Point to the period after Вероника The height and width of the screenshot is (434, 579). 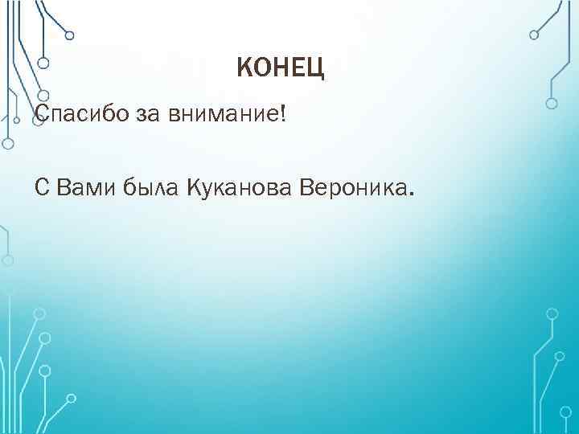tap(414, 194)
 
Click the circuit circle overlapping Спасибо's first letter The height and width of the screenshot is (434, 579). tap(36, 113)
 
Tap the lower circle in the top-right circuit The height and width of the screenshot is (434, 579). tap(552, 103)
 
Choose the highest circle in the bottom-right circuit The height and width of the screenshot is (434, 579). tap(552, 311)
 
